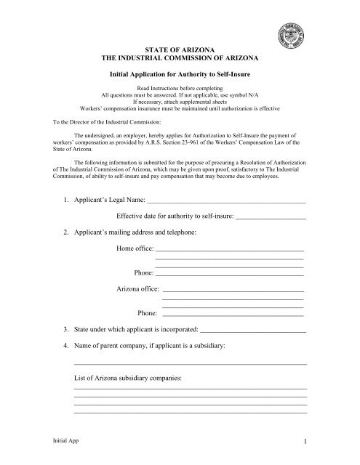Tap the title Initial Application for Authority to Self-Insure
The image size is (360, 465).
pyautogui.click(x=179, y=75)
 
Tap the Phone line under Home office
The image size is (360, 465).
pyautogui.click(x=229, y=275)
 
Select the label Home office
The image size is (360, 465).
pyautogui.click(x=134, y=251)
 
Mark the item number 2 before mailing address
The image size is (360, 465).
pyautogui.click(x=65, y=232)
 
